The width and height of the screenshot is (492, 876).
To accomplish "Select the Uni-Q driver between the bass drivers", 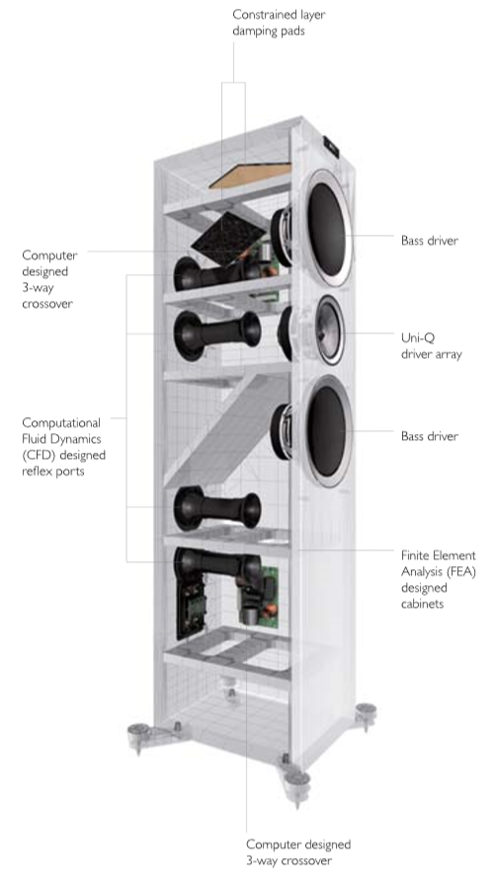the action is (330, 330).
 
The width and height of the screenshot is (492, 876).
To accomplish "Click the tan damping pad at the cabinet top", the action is (250, 176).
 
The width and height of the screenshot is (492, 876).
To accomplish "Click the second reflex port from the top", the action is (217, 335).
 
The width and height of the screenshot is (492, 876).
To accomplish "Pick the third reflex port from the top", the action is (217, 508).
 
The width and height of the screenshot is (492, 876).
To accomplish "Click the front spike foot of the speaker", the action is (296, 788).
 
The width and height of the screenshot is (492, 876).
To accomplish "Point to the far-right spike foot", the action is (366, 716).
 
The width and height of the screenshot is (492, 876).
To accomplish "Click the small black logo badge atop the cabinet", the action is (331, 146).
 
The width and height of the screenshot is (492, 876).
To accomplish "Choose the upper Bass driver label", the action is (430, 241).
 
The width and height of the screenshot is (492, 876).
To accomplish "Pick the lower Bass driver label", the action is (430, 436).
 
